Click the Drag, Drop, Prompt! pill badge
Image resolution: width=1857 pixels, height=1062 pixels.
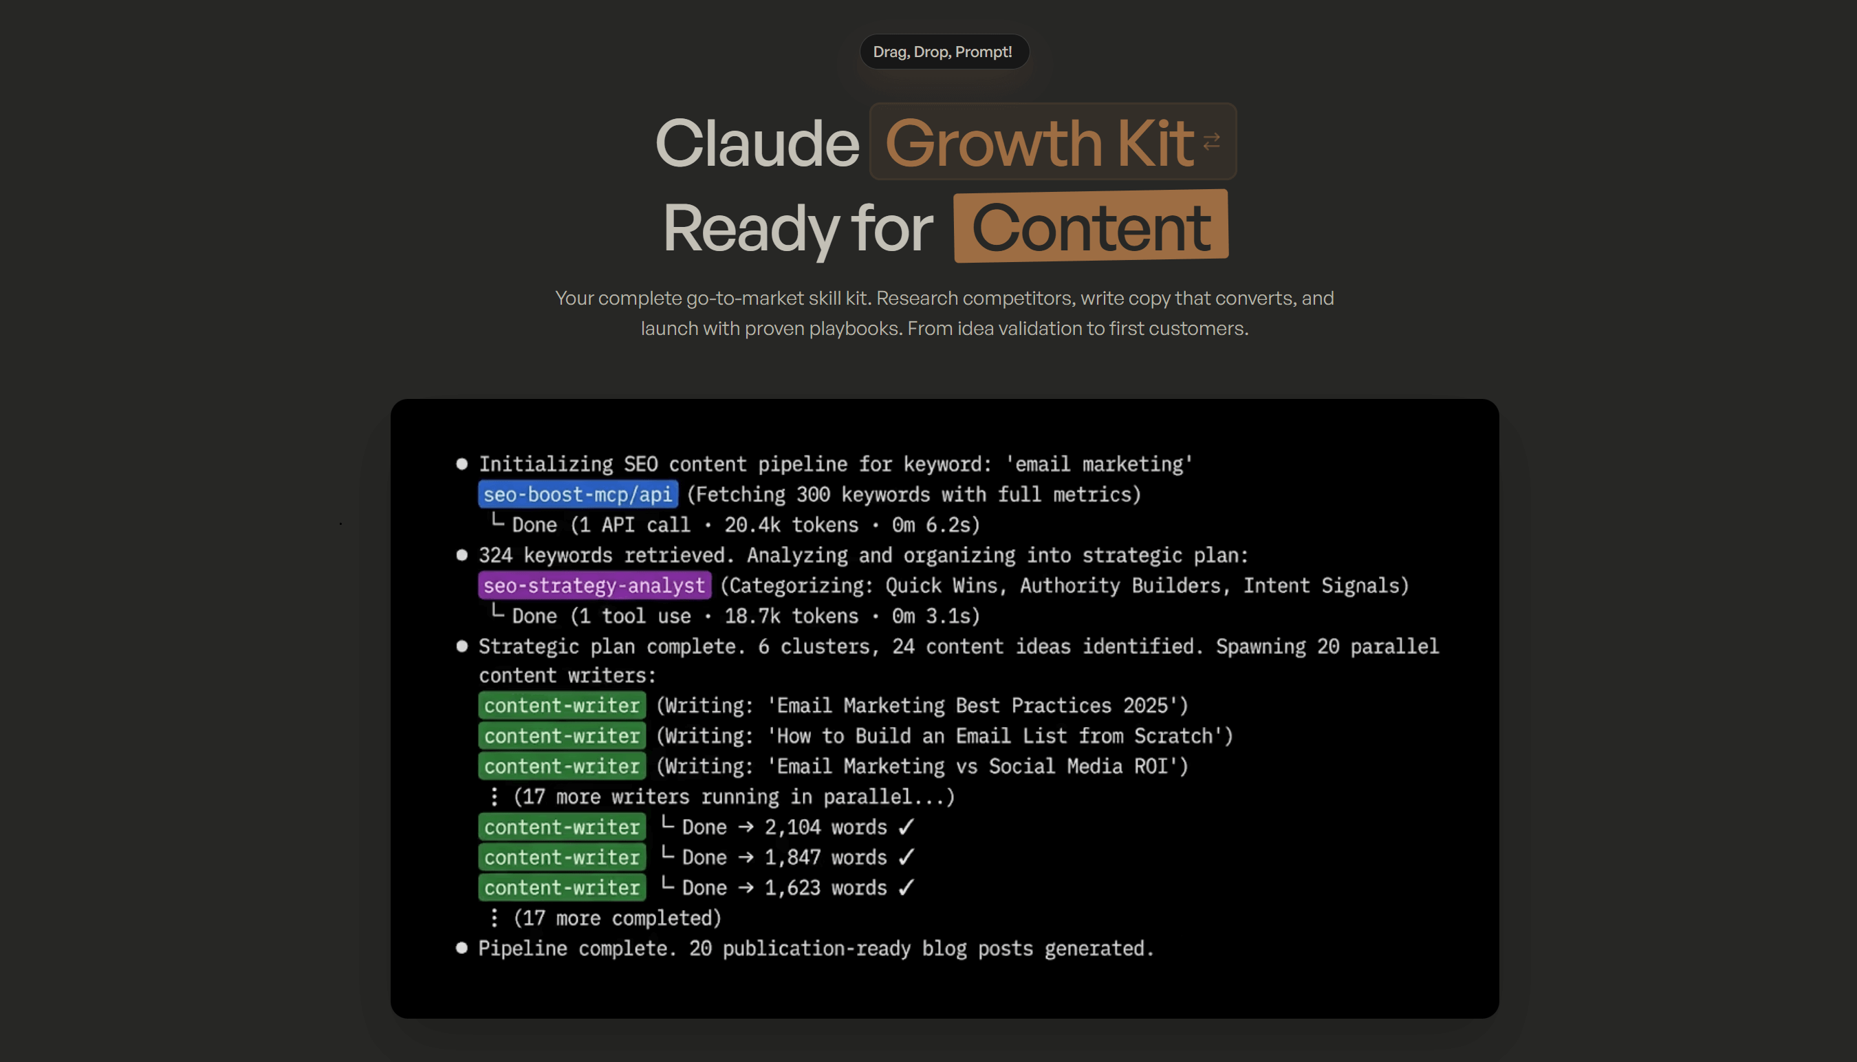tap(943, 52)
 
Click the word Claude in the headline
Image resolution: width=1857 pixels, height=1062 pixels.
tap(757, 143)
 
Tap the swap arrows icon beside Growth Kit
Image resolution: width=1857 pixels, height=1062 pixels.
tap(1211, 142)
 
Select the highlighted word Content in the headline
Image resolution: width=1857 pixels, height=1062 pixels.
tap(1090, 228)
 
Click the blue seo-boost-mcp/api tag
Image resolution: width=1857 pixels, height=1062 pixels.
tap(578, 495)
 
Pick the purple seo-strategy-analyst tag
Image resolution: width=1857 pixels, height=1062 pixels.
tap(594, 586)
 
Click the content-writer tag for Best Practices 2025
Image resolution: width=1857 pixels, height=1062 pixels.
tap(562, 705)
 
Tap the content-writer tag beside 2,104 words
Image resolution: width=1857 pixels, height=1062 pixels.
tap(562, 827)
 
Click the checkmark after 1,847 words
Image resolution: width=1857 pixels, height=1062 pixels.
tap(906, 857)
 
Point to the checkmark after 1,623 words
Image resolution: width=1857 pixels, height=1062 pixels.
tap(906, 888)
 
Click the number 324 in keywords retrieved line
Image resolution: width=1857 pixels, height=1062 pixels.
tap(495, 555)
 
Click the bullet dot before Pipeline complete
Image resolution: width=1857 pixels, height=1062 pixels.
tap(461, 949)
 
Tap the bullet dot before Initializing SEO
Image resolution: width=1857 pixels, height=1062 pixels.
tap(461, 464)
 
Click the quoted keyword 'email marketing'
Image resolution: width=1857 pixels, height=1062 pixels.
tap(1098, 464)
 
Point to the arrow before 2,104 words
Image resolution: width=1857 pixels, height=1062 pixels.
tap(746, 827)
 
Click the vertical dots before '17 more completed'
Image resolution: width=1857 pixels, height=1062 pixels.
tap(495, 918)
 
